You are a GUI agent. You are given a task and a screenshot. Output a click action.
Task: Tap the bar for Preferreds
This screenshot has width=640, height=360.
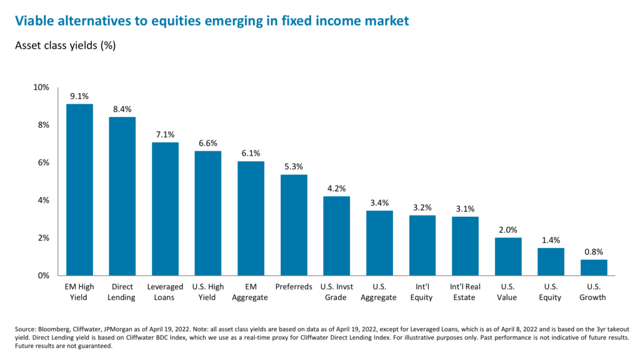(293, 225)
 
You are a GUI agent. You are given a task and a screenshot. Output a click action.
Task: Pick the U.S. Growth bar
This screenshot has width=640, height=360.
(593, 267)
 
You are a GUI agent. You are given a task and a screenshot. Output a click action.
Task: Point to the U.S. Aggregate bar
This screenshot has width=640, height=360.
(379, 243)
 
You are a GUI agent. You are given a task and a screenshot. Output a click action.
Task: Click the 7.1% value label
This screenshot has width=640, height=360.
(165, 134)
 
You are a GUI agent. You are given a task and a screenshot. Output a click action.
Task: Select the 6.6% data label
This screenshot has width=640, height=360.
(207, 143)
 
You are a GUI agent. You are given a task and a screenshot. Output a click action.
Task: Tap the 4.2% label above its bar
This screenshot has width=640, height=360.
(336, 188)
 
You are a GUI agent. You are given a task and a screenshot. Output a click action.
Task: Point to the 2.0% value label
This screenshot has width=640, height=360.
(507, 229)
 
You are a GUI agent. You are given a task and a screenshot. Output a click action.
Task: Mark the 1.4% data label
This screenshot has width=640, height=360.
(551, 240)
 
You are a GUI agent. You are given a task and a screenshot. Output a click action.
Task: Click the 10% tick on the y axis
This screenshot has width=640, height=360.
(41, 87)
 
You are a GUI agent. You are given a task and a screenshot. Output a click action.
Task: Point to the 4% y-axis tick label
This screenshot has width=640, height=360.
(42, 200)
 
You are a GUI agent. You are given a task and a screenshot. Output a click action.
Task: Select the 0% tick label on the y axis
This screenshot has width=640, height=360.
(42, 275)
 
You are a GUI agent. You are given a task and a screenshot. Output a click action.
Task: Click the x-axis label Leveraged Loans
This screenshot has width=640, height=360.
(165, 292)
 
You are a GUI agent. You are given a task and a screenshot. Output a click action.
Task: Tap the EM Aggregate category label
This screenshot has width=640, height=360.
(251, 292)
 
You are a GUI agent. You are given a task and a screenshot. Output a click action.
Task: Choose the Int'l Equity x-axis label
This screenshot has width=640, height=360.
(422, 292)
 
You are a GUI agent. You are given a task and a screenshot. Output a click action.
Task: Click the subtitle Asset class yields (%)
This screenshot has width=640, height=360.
(66, 46)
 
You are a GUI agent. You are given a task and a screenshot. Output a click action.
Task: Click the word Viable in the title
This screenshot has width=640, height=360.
(33, 21)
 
